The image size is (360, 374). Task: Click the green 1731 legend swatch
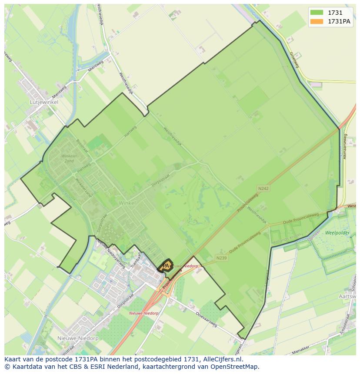point(317,13)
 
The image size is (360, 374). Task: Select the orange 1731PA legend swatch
point(317,22)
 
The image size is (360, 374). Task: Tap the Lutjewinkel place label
point(44,102)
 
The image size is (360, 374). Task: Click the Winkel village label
point(127,203)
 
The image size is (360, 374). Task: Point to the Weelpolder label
point(337,233)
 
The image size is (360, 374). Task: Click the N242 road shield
point(263,189)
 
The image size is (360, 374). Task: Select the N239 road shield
point(222,258)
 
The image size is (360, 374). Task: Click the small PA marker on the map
point(166,265)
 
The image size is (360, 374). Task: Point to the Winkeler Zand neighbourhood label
point(69,158)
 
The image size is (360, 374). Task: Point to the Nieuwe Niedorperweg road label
point(110,253)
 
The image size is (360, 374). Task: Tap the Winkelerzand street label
point(84,187)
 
